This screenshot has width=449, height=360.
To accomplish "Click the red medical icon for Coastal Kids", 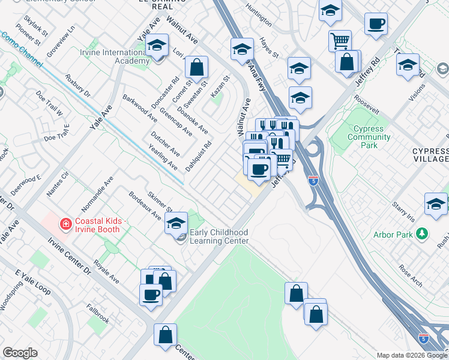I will tap(67, 224).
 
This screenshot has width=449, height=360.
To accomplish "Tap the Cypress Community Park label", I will tap(372, 137).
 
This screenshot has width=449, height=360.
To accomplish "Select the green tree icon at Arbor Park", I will tap(423, 233).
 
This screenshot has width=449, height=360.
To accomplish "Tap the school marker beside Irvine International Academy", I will tap(157, 47).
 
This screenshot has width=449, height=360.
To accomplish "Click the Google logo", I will tap(20, 353).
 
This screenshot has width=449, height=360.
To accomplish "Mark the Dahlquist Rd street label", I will tap(199, 156).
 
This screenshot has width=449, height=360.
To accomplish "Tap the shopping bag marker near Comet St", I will tap(196, 68).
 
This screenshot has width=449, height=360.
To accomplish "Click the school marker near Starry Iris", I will tap(436, 204).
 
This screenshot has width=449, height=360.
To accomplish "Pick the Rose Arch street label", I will tap(411, 267).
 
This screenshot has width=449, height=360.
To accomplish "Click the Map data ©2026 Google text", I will tap(412, 355).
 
